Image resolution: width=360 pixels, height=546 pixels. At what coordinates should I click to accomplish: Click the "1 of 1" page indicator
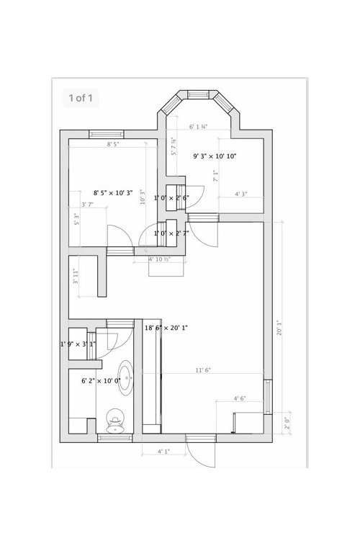[x=80, y=97]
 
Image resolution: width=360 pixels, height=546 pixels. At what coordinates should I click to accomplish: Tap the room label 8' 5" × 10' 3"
[x=113, y=192]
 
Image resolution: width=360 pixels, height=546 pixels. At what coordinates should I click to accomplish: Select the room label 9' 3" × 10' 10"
[x=215, y=156]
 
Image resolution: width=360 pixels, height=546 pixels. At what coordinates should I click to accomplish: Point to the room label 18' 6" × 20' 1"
[x=166, y=328]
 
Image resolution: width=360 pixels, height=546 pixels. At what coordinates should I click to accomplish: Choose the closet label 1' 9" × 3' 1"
[x=77, y=344]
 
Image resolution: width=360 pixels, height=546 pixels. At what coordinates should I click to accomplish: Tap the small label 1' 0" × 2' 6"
[x=171, y=197]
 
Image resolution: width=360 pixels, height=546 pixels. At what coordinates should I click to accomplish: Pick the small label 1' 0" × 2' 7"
[x=171, y=233]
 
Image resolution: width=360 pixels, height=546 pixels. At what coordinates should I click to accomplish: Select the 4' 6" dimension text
[x=240, y=398]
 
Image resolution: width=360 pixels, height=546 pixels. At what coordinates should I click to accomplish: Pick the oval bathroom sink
[x=126, y=377]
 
